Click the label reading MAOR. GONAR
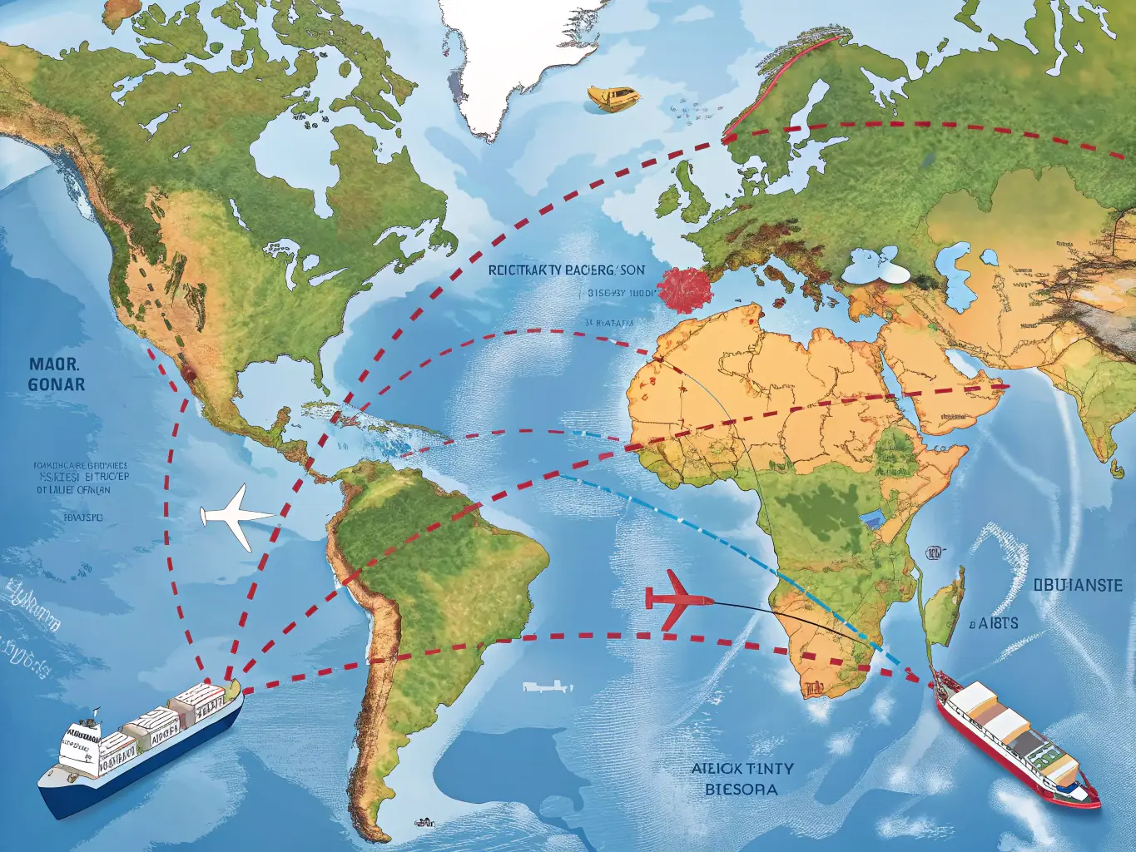56,374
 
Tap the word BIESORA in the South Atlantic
741,788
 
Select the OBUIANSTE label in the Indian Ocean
1083,585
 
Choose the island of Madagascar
945,607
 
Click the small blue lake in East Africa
871,520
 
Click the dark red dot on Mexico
190,375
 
